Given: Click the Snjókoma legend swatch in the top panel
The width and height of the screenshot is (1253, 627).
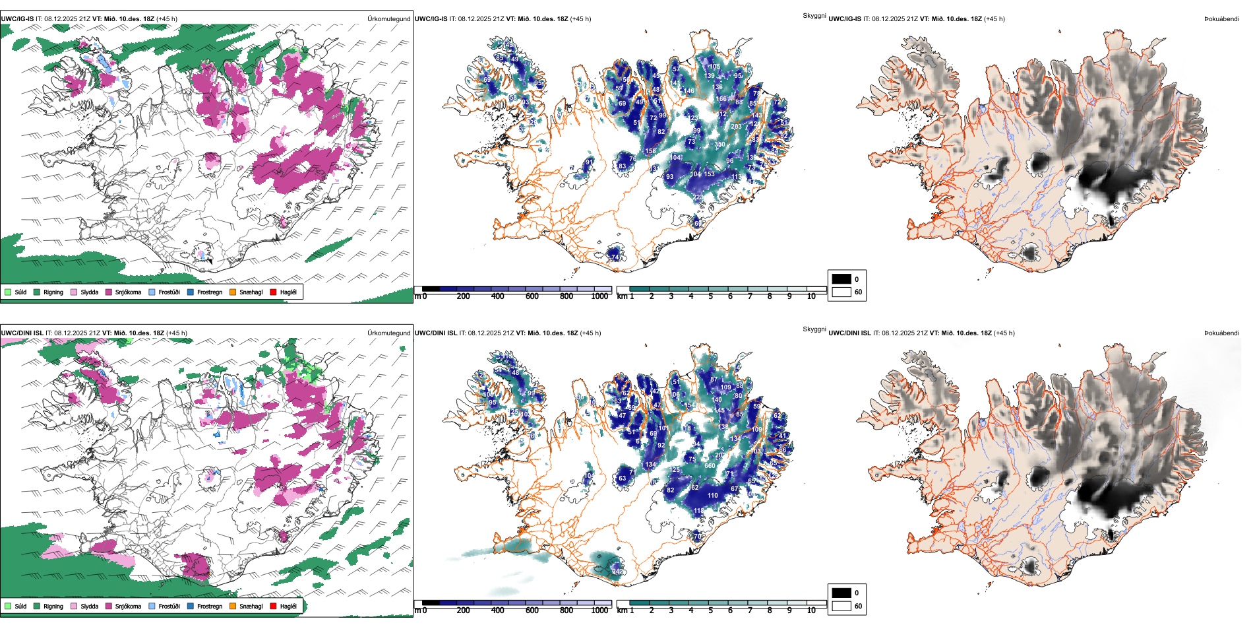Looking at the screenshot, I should coord(109,292).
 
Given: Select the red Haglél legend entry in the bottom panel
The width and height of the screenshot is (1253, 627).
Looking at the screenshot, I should coord(274,606).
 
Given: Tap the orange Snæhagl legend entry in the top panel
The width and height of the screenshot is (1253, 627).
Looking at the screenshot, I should coord(233,292).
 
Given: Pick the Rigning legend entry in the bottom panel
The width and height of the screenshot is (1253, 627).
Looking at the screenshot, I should coord(37,606).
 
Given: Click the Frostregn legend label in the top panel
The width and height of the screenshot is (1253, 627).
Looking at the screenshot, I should coord(210,292).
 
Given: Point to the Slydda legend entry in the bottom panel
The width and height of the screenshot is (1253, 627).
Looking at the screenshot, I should coord(74,606).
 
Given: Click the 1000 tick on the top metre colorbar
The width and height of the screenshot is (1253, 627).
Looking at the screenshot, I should coord(599,296).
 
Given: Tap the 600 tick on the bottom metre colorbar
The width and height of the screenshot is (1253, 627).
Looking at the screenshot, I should coord(532,610).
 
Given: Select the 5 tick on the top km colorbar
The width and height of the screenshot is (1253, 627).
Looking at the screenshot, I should coord(711,296).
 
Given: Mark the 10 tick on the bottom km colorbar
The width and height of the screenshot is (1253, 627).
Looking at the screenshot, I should coord(811,610).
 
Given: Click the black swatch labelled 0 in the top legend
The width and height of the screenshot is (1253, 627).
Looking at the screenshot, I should coord(841,279).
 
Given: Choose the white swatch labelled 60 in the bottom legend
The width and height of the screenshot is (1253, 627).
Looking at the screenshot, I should coord(841,606).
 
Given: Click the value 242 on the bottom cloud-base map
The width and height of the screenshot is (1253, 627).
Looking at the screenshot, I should coord(617,571).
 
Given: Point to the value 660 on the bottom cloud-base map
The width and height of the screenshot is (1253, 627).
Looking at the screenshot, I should coord(710,466).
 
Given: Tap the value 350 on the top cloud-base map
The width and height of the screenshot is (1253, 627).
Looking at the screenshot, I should coord(719,145).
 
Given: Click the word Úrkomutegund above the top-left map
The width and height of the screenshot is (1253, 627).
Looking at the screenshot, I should coord(388,19).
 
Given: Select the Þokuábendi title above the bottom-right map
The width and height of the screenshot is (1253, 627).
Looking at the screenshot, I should coord(1221,333).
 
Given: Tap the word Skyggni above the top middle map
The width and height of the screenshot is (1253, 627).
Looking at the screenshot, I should coord(814,15).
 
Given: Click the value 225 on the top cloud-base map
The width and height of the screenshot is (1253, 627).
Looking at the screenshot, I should coord(698,197).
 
